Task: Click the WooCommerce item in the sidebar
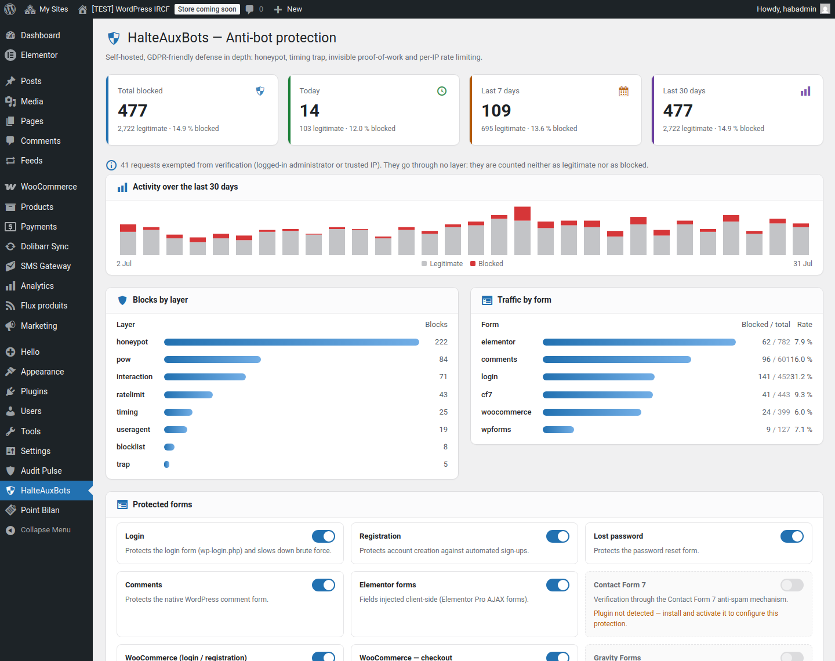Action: (x=49, y=187)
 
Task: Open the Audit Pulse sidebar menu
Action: (x=41, y=471)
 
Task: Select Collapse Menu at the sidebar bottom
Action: (x=45, y=530)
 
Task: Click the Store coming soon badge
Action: (x=207, y=9)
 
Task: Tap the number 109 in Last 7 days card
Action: (x=496, y=111)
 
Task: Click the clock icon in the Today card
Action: (x=441, y=91)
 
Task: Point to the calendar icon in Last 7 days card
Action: (x=623, y=91)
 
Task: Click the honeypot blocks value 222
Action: (x=441, y=342)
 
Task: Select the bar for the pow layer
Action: (x=212, y=359)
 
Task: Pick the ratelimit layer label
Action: (x=130, y=395)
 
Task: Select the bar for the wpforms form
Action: (x=558, y=430)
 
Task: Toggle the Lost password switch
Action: (x=792, y=536)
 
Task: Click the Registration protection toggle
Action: (x=558, y=536)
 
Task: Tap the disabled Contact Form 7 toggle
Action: (x=792, y=585)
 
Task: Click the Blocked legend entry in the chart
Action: (x=487, y=264)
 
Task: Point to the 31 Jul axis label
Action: (x=803, y=264)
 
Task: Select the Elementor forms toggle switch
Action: (x=558, y=585)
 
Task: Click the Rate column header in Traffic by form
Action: (x=804, y=325)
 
